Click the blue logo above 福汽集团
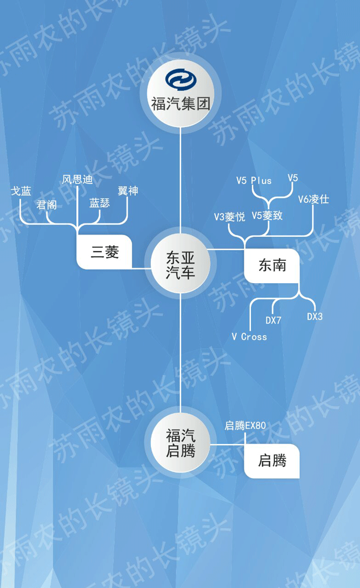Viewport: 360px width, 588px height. [180, 81]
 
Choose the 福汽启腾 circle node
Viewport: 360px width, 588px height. [180, 442]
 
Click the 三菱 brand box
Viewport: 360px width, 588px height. [105, 252]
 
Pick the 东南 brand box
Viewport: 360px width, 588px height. [272, 265]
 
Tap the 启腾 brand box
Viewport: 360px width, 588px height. [272, 460]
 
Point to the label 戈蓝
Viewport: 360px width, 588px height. [21, 191]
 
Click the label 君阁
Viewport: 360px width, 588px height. [46, 205]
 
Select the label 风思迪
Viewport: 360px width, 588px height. [77, 180]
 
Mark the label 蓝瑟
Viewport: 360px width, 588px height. [100, 203]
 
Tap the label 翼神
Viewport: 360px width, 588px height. [128, 191]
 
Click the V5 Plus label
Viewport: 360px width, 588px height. [254, 180]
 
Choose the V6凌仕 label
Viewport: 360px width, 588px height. [313, 199]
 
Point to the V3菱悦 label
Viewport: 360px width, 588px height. [230, 217]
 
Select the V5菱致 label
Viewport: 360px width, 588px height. [267, 215]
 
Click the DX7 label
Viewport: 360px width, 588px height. [273, 320]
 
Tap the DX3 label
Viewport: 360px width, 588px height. [314, 316]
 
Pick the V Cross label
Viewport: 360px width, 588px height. [249, 337]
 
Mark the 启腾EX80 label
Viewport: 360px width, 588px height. [245, 426]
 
